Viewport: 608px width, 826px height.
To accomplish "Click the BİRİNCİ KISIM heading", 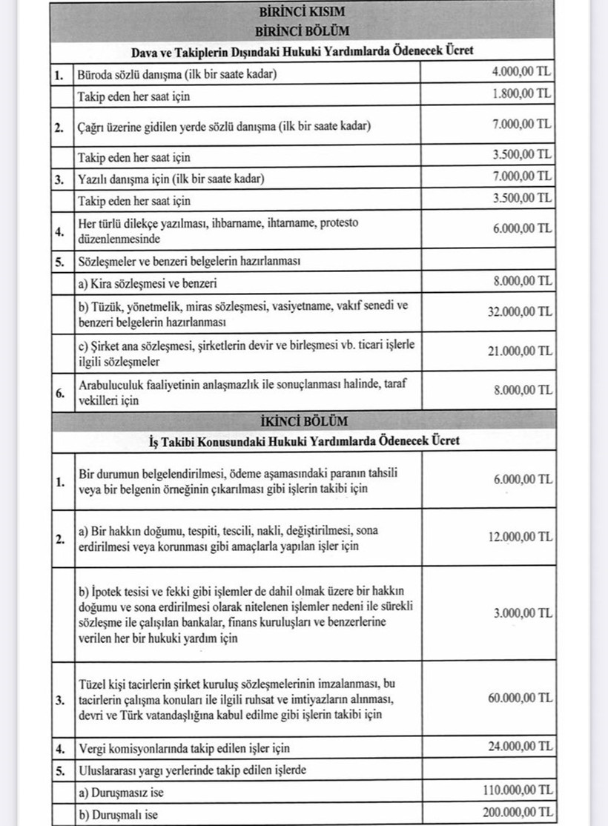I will [302, 13].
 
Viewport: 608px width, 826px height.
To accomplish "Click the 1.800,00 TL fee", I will [522, 95].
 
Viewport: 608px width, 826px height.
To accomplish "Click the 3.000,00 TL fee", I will [522, 613].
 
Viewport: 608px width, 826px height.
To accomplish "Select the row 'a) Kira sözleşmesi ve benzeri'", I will [148, 283].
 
